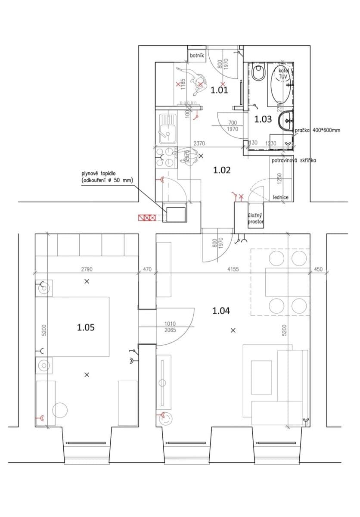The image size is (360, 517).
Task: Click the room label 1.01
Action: (219, 90)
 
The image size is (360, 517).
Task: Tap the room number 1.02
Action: (222, 170)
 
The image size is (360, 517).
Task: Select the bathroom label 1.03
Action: (263, 119)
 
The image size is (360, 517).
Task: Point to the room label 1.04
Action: (221, 310)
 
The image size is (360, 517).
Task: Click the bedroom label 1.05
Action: (86, 327)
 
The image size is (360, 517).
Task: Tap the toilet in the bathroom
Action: (258, 73)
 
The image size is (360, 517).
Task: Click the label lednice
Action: (281, 197)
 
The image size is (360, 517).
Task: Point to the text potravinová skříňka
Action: (294, 160)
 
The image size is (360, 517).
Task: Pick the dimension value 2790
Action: (87, 269)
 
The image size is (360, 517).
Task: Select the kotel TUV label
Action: (283, 73)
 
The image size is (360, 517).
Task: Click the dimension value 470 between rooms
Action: (147, 269)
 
